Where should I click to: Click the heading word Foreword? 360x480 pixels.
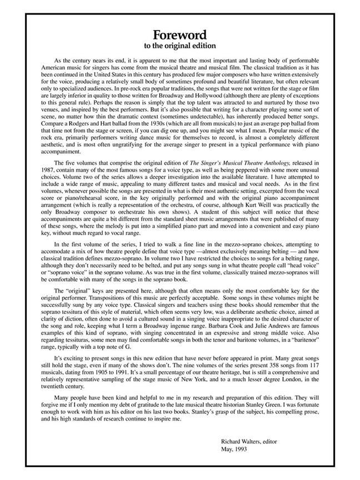coord(180,34)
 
